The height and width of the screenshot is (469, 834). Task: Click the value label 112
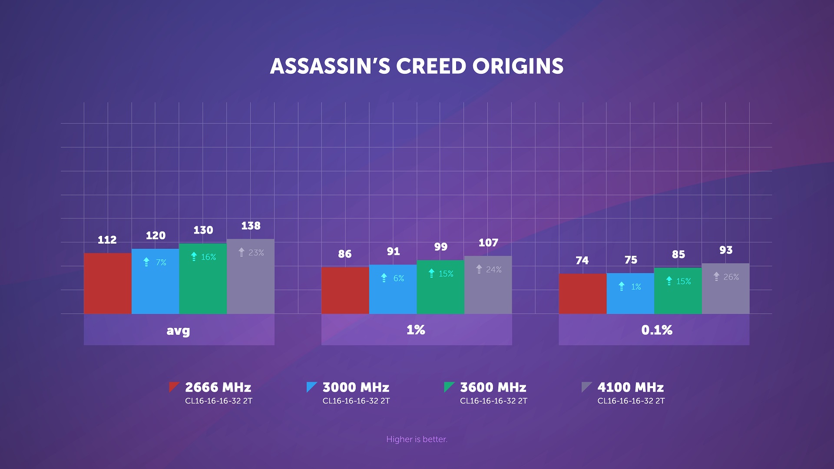[107, 240]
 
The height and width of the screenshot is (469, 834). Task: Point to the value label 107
[488, 243]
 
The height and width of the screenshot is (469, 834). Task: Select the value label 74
[582, 261]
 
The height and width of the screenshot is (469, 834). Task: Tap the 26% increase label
[731, 277]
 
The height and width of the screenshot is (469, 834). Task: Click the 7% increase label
[161, 263]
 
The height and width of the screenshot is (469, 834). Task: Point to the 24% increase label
[493, 270]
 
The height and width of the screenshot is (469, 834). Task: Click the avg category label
[179, 330]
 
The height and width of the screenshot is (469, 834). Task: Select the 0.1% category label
[656, 330]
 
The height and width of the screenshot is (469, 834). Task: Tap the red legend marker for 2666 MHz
[174, 386]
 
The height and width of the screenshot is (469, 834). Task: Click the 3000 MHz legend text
[356, 387]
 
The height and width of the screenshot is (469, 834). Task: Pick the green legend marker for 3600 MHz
[449, 386]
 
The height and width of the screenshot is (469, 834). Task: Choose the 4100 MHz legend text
[630, 387]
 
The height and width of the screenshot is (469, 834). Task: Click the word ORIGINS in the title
[518, 66]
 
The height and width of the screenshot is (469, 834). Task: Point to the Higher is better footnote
[417, 439]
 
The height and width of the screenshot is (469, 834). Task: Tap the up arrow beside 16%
[194, 257]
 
